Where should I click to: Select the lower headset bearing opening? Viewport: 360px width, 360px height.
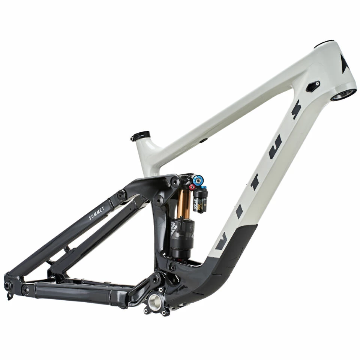coord(343,94)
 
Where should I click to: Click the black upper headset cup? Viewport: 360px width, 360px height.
coord(325,44)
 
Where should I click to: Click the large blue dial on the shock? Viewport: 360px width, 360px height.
coord(199,178)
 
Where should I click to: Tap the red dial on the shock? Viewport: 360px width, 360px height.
coord(192,187)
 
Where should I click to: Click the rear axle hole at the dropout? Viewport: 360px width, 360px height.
coord(7,285)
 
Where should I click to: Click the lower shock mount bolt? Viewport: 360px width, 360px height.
coord(172,267)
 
